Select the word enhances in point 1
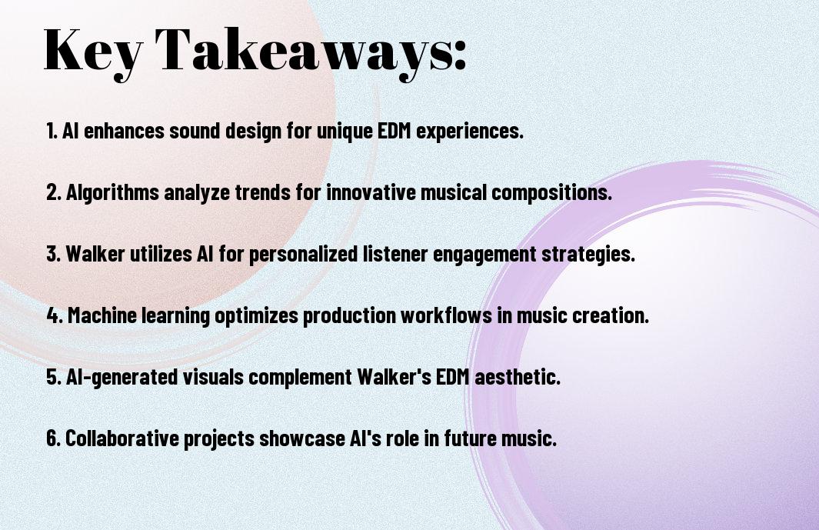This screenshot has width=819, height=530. [124, 131]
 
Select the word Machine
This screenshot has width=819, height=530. [102, 315]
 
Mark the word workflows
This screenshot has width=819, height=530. [446, 315]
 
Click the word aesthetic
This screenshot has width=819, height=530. [517, 376]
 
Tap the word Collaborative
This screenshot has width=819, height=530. [122, 438]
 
